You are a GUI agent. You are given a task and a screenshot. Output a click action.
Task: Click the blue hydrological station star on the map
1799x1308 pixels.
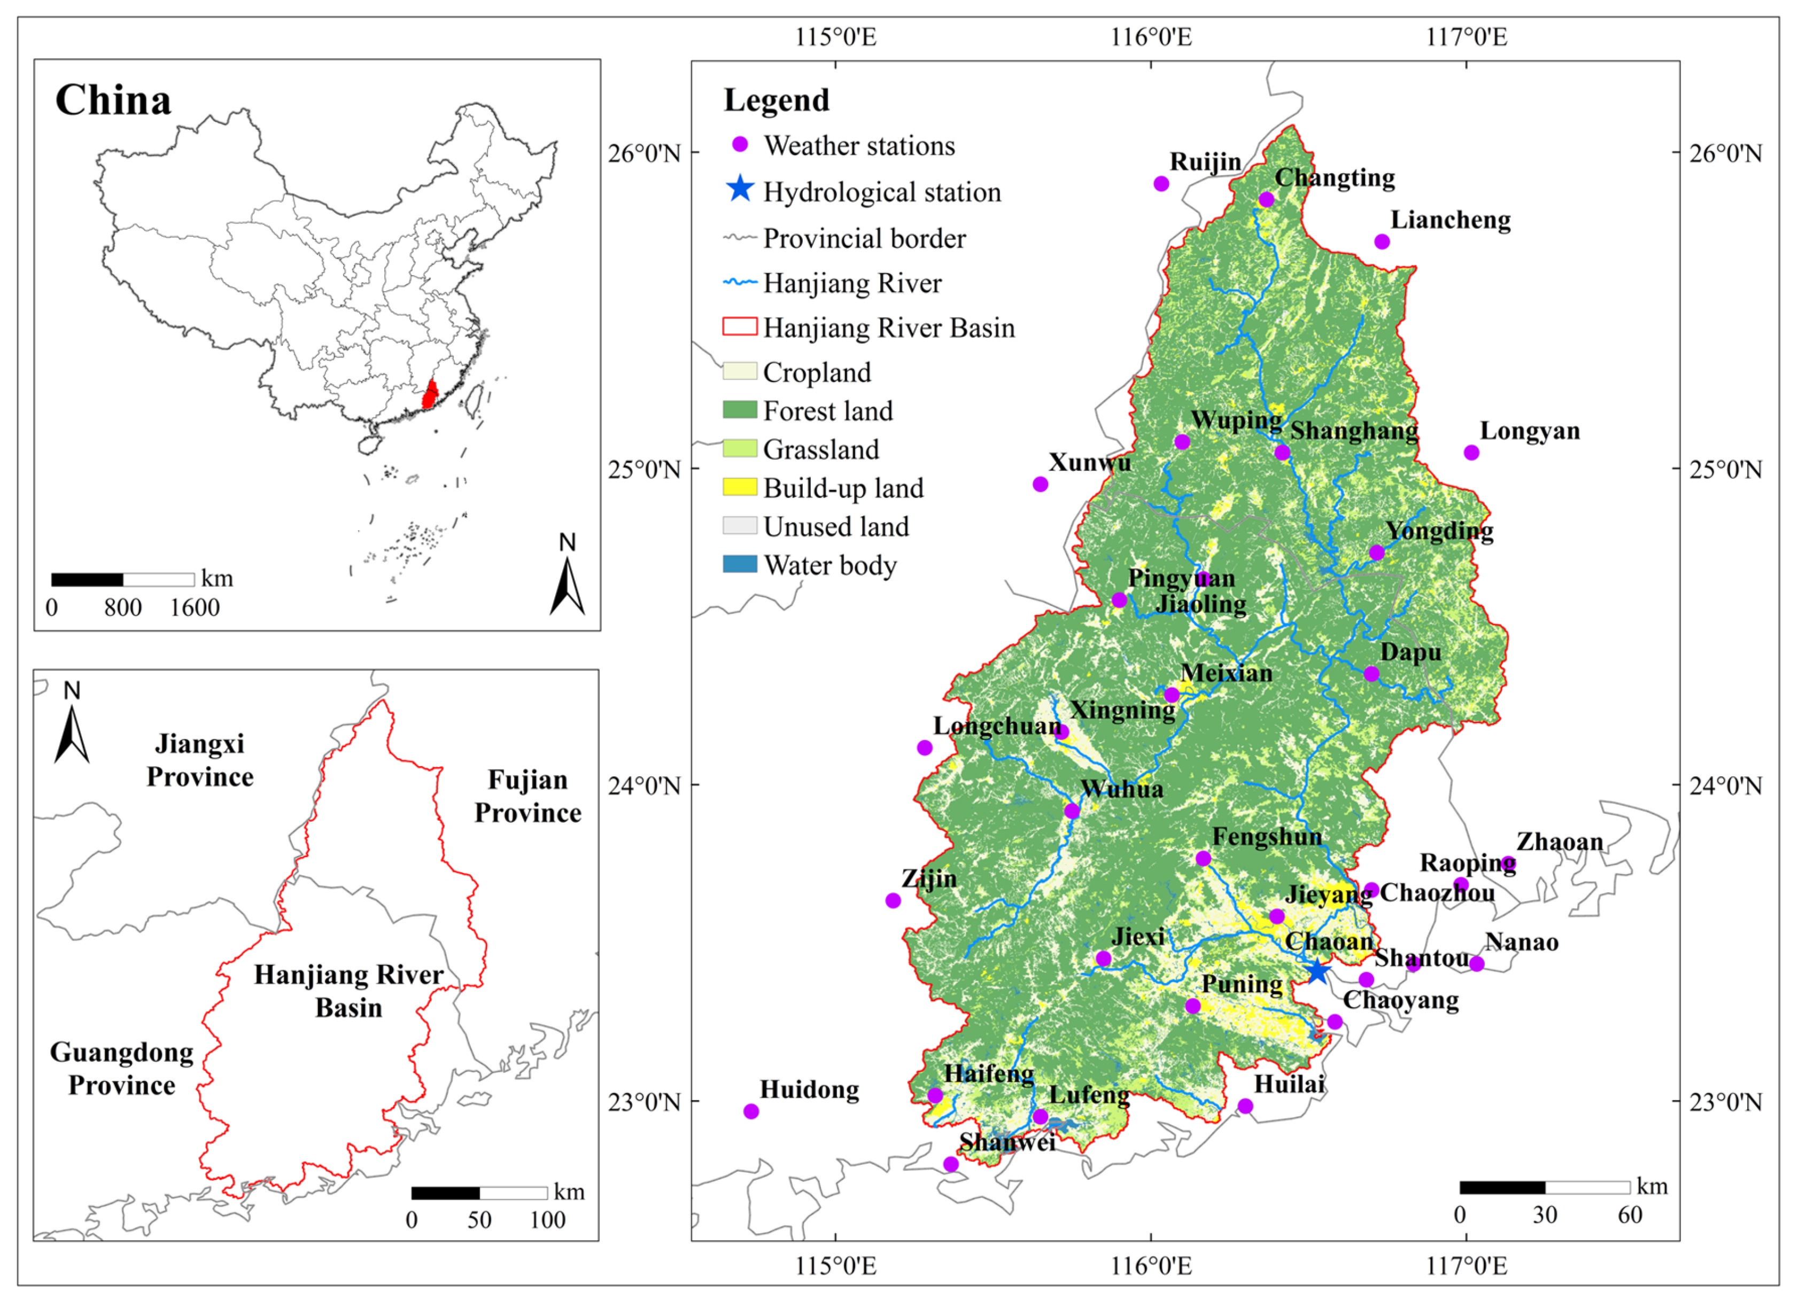point(1317,970)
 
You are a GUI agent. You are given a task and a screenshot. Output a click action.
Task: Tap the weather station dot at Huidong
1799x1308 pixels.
point(751,1111)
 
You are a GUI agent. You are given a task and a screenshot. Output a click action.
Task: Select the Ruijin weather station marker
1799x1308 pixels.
point(1161,184)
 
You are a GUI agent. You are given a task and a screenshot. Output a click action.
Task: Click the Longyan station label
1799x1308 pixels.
point(1529,431)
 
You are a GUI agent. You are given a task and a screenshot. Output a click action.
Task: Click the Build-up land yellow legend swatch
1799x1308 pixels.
point(739,487)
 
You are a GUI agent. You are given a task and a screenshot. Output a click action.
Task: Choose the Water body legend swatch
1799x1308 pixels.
point(739,564)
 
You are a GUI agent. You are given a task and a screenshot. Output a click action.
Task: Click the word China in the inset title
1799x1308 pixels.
point(113,101)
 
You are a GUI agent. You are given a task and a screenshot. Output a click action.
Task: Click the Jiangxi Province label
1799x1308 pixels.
point(199,760)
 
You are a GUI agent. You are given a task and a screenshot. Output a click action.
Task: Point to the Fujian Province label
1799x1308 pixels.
point(528,796)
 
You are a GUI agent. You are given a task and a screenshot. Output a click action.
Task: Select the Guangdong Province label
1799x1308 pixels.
point(121,1069)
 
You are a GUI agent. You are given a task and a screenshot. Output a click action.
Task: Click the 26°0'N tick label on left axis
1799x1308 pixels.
point(644,152)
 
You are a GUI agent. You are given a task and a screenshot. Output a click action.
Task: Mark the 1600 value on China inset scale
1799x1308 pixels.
point(195,608)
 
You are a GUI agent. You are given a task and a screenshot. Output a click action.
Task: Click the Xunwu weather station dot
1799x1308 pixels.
point(1041,485)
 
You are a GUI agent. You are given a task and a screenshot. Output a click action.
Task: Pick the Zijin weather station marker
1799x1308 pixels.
point(893,900)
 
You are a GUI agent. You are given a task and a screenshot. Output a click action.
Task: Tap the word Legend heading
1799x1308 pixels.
point(777,100)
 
